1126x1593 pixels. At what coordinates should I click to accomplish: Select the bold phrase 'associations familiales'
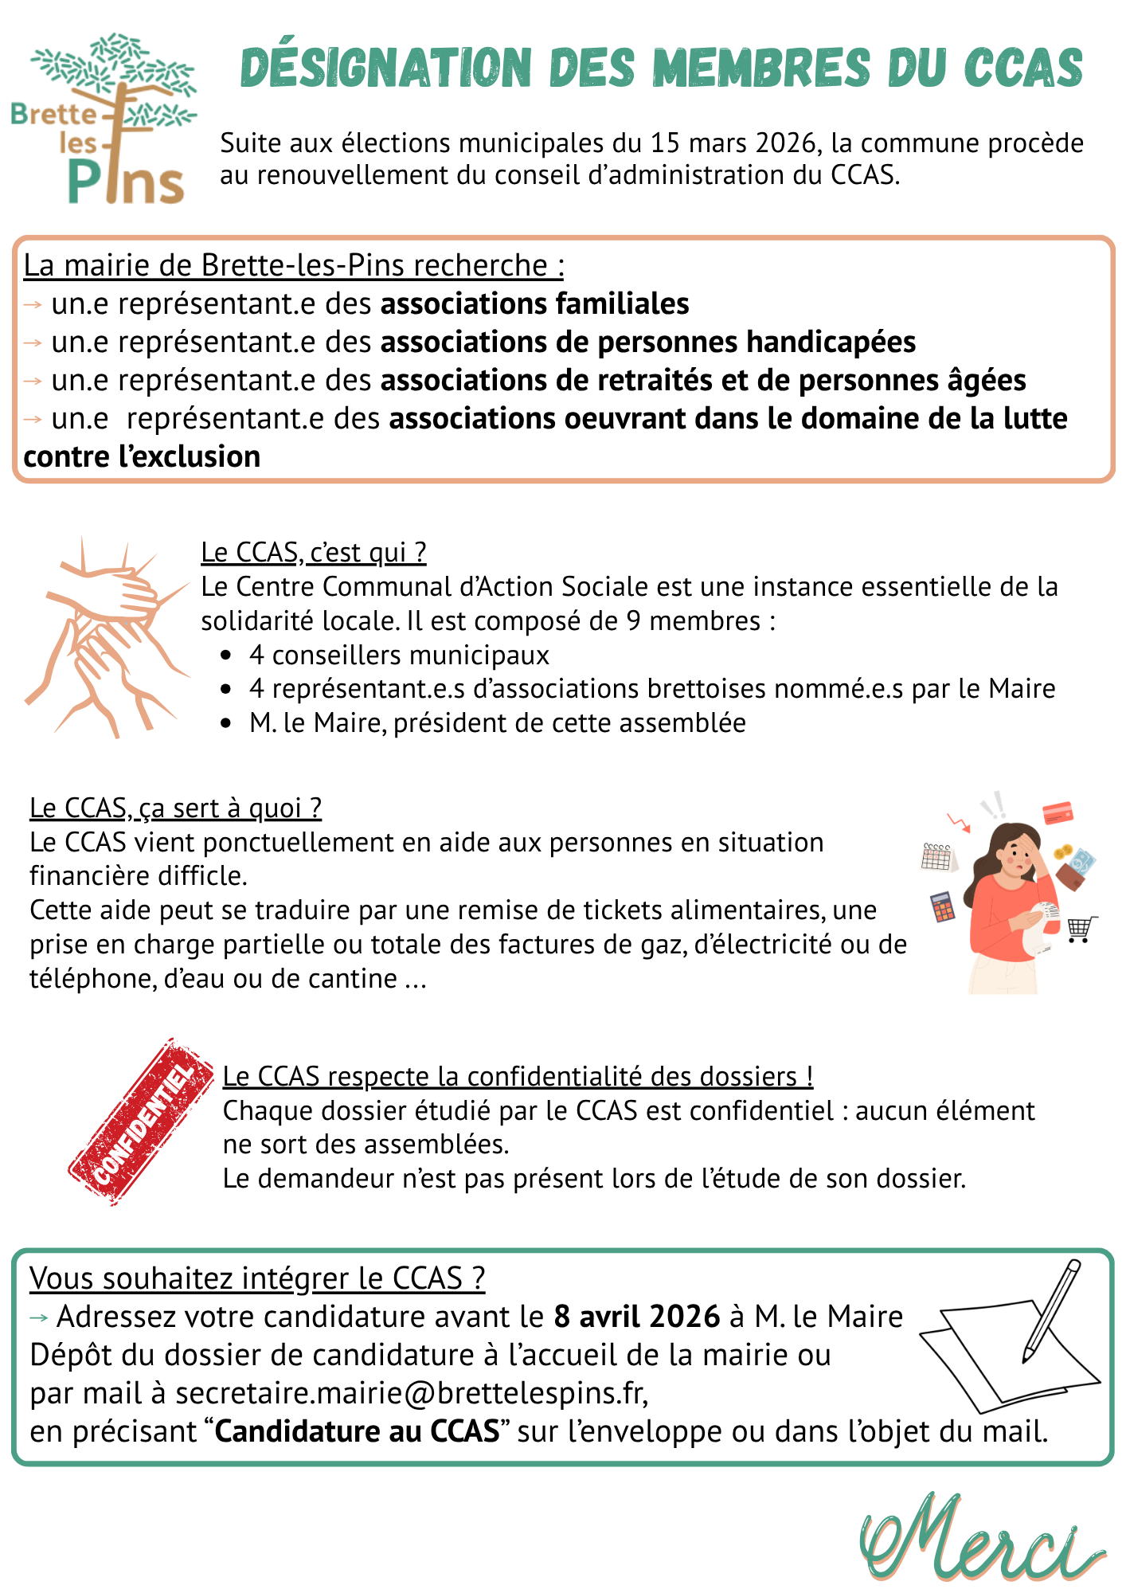(534, 304)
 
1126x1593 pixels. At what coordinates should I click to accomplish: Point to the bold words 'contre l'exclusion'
(142, 457)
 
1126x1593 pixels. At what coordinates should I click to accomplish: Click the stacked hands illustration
(108, 637)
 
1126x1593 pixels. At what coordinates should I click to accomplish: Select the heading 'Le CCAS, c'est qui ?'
(314, 552)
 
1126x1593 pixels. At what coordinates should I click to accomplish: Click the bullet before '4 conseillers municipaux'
(227, 656)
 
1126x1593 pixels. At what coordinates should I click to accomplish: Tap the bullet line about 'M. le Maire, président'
(497, 723)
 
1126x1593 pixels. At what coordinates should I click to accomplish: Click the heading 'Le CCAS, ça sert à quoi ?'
(175, 808)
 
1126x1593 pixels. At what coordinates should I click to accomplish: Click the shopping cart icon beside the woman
(1081, 928)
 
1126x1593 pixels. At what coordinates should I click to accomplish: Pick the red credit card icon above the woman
(1058, 812)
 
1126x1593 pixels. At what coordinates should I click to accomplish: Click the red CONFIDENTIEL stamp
(143, 1121)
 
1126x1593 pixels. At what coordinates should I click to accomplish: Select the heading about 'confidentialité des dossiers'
(518, 1076)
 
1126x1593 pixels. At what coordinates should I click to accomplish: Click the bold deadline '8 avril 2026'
(637, 1317)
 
